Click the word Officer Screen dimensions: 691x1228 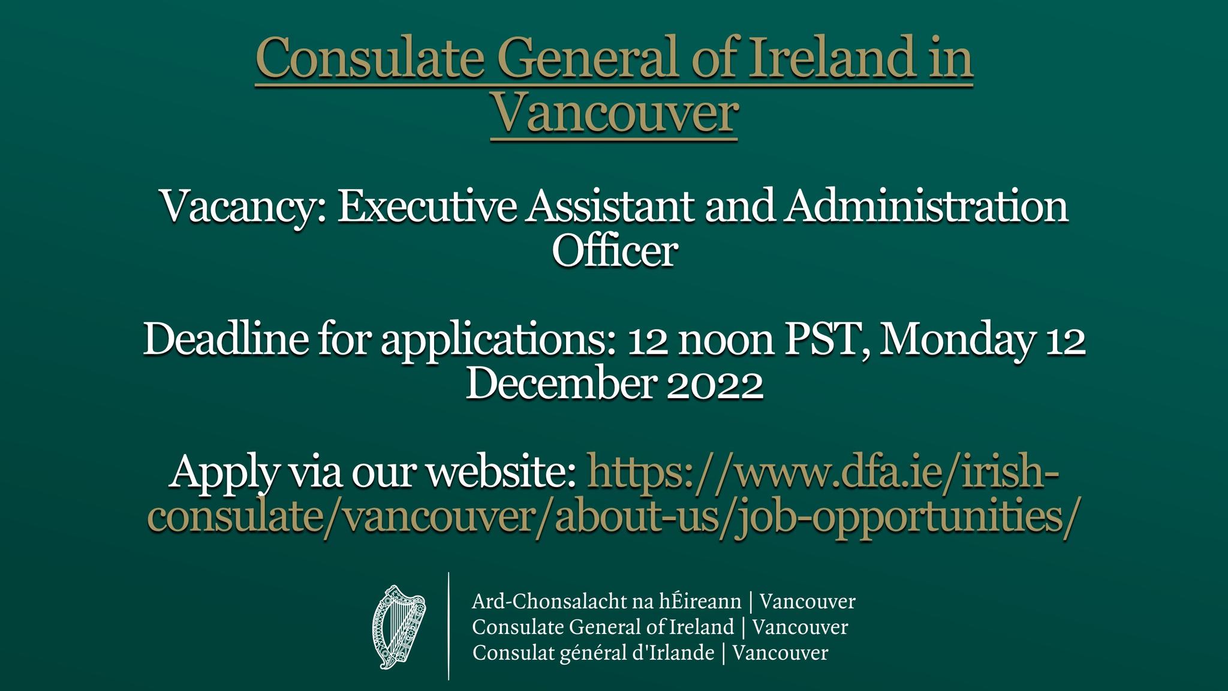point(615,251)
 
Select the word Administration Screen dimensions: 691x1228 point(927,207)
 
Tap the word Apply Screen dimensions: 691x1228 point(222,473)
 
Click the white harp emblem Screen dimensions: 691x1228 point(399,626)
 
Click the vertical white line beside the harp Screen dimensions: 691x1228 point(449,626)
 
